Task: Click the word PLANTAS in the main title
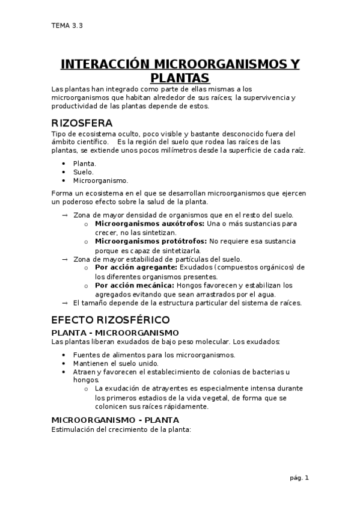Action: click(180, 78)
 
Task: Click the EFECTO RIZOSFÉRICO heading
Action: click(111, 319)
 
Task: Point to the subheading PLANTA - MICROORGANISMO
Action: click(115, 333)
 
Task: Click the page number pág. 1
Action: click(298, 478)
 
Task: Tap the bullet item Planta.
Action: click(84, 163)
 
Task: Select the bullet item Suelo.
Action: click(83, 171)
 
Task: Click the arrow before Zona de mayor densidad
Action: click(65, 215)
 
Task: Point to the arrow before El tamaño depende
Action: click(65, 303)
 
